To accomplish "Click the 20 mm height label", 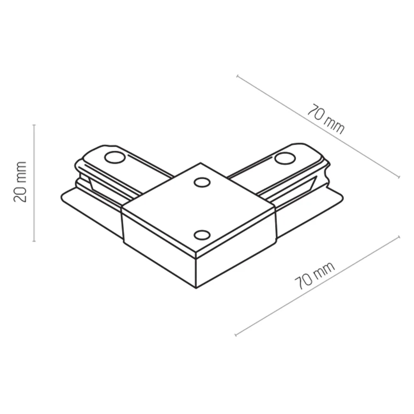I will click(x=20, y=182).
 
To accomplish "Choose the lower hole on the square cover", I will click(x=202, y=235).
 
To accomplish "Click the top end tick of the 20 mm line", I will click(x=34, y=124).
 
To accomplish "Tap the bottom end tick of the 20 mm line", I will click(x=34, y=241).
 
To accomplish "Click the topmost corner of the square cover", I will click(x=201, y=163).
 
